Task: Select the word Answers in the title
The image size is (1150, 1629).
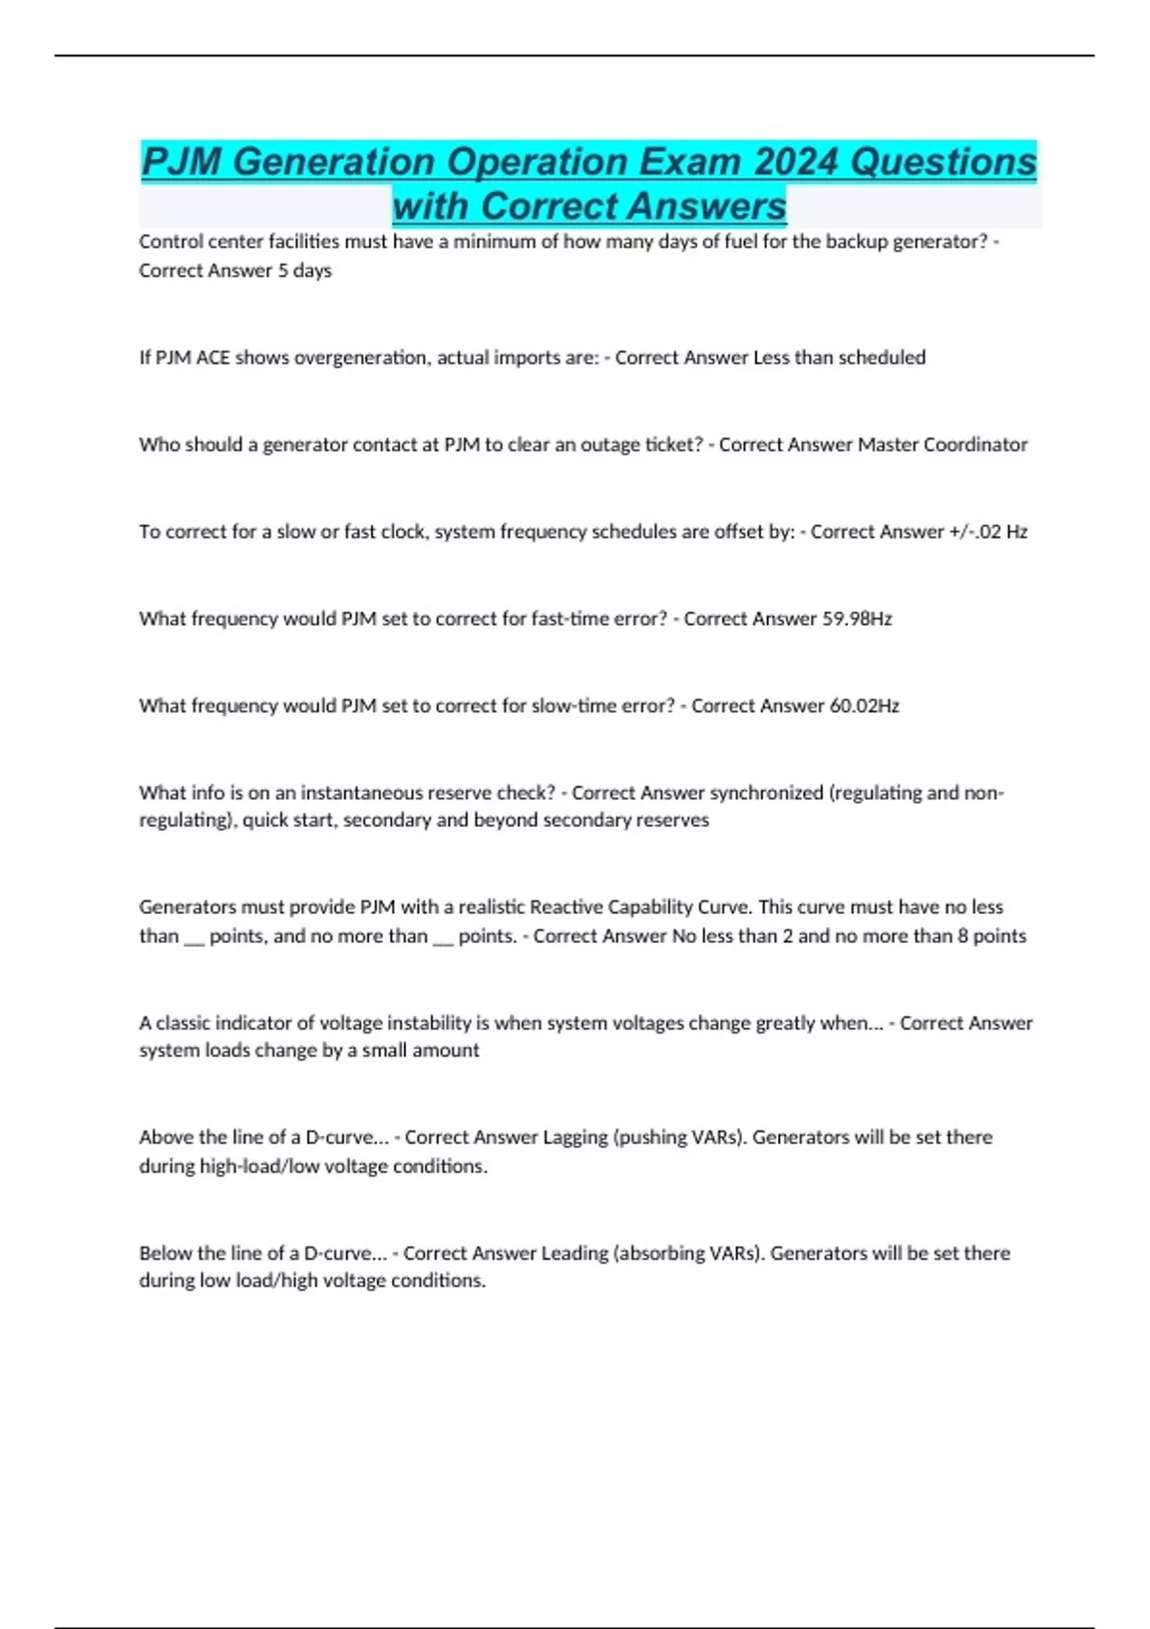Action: [x=633, y=206]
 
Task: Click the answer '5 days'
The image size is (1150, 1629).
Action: [x=305, y=270]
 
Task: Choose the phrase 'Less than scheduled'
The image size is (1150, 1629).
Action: [x=839, y=357]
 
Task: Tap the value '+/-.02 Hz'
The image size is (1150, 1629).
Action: [x=988, y=532]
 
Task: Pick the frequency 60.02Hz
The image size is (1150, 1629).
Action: [x=863, y=706]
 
